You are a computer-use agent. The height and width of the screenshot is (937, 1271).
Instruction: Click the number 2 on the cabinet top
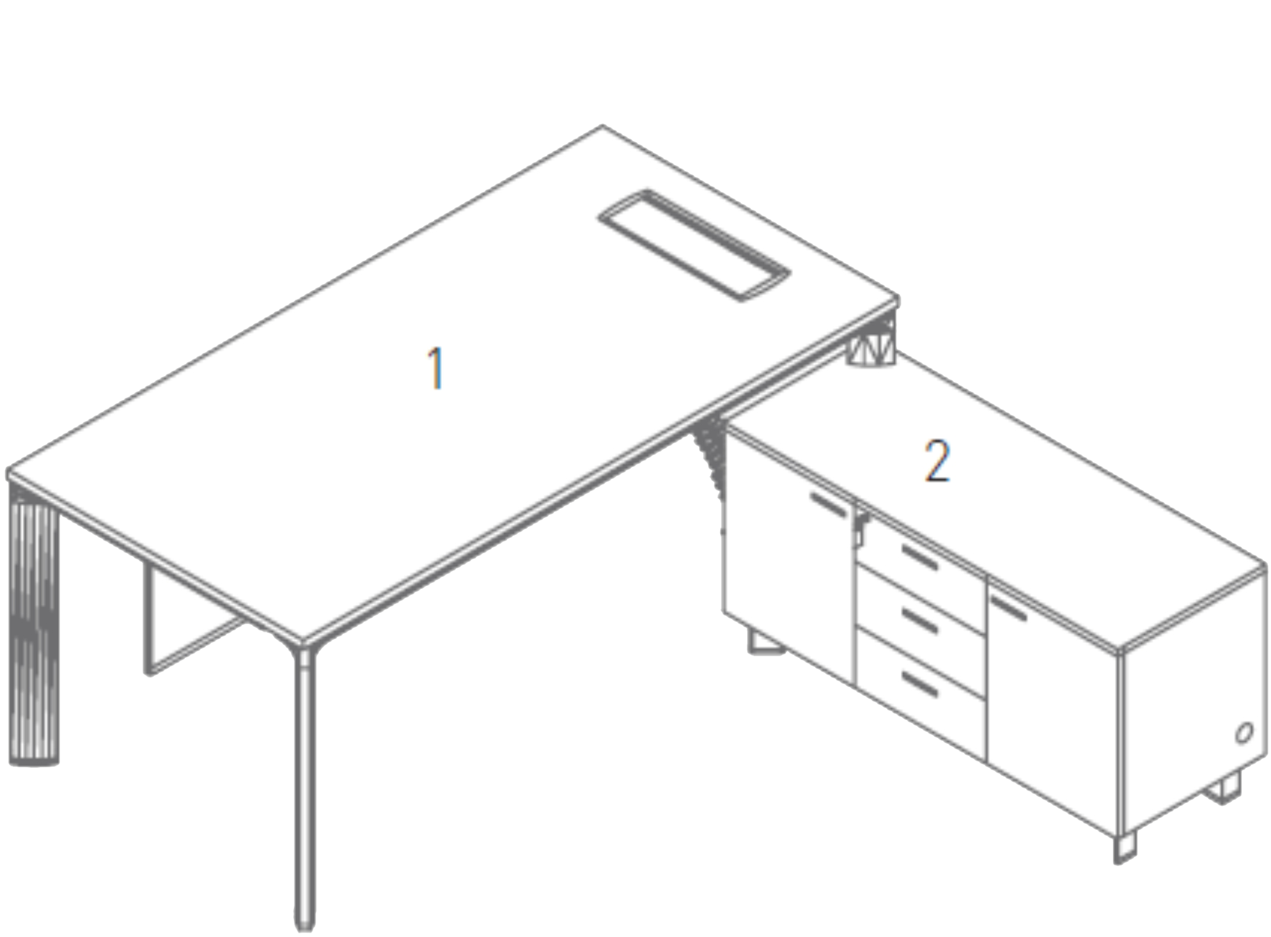pos(937,461)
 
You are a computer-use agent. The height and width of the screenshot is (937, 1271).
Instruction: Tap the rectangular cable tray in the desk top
pos(694,245)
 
